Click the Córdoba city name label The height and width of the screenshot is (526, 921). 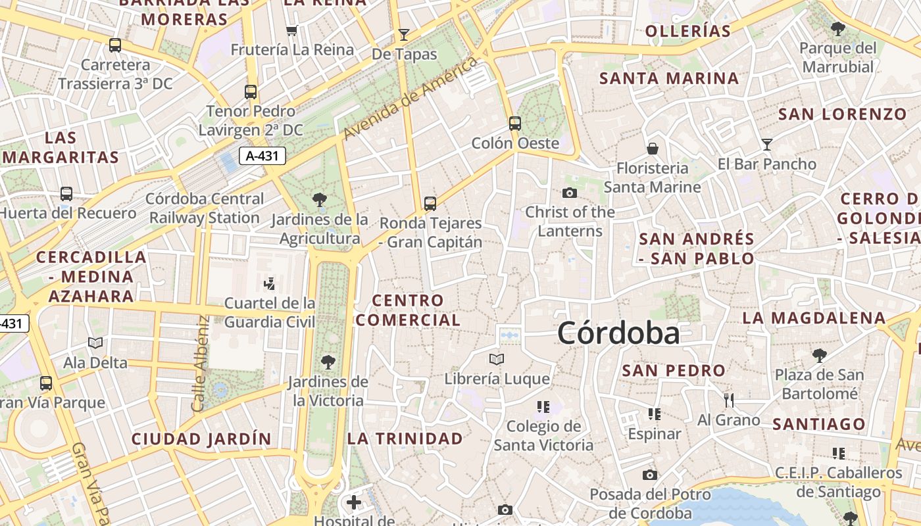618,333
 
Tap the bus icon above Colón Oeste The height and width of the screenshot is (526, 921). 515,123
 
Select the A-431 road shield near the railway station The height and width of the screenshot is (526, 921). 262,156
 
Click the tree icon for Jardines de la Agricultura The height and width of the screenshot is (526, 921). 320,199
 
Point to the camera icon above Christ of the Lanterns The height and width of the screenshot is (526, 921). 570,193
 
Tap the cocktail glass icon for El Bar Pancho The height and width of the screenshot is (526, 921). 766,144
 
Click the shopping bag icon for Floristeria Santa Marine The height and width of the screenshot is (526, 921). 653,149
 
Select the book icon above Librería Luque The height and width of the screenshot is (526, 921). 497,359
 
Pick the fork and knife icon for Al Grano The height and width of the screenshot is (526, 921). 728,400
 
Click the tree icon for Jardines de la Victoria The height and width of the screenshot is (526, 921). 328,362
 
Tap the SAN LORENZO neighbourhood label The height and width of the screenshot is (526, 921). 842,114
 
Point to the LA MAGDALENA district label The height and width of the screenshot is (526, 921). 814,318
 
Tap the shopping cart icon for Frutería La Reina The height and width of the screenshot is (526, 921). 292,30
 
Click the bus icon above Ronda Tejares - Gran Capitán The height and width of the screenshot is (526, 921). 430,203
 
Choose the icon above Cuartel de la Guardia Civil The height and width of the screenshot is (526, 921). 269,284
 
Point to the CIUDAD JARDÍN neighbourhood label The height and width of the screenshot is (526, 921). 201,439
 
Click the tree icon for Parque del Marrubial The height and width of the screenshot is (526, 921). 838,28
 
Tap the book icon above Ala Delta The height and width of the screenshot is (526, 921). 95,343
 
